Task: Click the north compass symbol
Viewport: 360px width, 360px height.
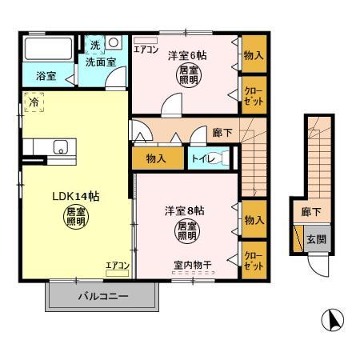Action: tap(332, 320)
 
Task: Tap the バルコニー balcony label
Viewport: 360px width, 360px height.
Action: tap(103, 296)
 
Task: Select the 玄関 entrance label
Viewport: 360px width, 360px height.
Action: tap(316, 239)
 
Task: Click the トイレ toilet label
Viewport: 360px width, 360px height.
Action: tap(203, 159)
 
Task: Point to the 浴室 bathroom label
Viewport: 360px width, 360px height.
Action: tap(46, 76)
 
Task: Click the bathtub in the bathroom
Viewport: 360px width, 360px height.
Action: tap(48, 49)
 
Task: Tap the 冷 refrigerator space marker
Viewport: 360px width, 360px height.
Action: tap(34, 102)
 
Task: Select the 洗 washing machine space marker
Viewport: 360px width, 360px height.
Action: tap(94, 45)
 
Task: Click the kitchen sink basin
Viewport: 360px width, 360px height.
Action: tap(61, 147)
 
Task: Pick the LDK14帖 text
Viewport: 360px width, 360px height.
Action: tap(76, 197)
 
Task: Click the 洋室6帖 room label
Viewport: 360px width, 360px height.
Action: tap(187, 55)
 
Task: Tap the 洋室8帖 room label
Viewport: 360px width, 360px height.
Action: tap(185, 210)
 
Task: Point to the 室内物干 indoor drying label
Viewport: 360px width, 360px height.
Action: tap(193, 265)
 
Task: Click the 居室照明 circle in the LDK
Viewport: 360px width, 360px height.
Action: tap(76, 217)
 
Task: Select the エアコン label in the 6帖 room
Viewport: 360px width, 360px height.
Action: tap(146, 50)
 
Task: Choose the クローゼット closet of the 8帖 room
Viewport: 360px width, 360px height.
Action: tap(254, 260)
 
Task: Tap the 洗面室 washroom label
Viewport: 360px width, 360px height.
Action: tap(101, 62)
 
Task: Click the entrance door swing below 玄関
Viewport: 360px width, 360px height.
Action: tap(318, 266)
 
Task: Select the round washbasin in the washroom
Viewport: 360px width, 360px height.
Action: tap(114, 42)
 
